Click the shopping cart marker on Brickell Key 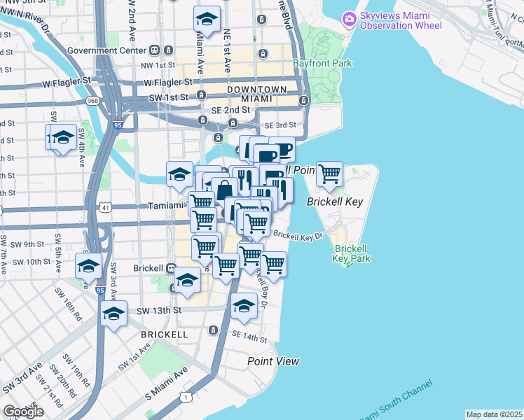point(329,174)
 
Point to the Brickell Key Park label point(352,253)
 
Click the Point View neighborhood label point(273,361)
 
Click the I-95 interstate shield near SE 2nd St point(117,125)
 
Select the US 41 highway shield point(105,208)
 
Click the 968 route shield point(92,101)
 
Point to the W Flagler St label point(67,81)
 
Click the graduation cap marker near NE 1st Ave point(207,19)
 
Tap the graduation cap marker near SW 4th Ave point(62,137)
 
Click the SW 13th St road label point(159,310)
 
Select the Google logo point(23,412)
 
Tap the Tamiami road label point(165,206)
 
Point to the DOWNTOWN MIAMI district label point(256,95)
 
